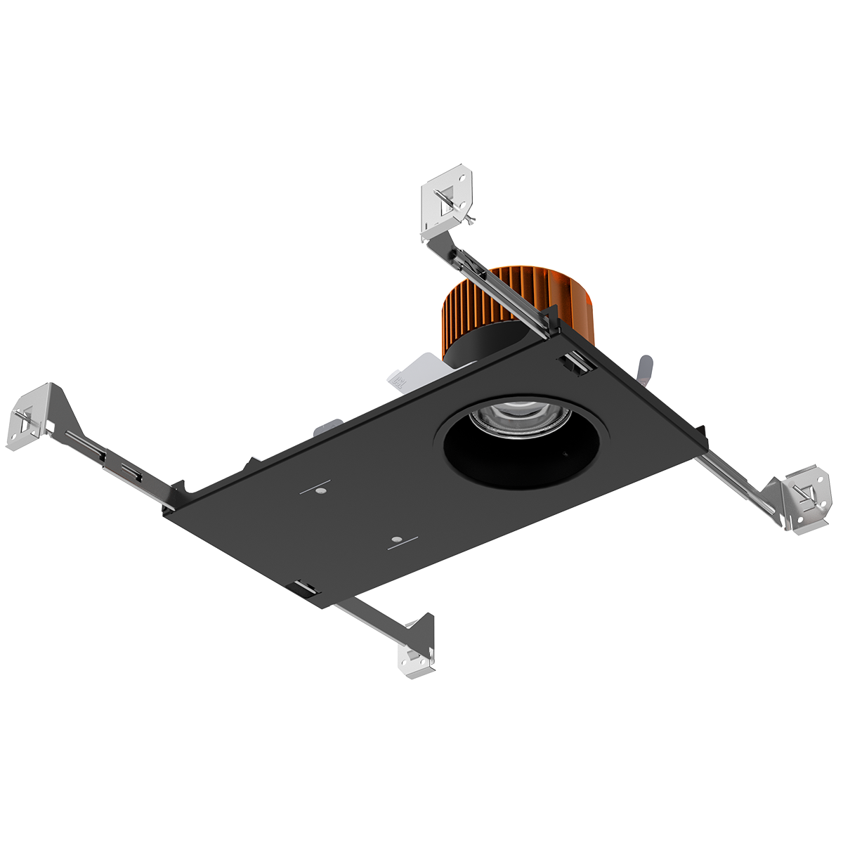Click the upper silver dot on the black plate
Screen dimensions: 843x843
(320, 491)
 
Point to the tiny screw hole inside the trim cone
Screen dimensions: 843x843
(565, 454)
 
